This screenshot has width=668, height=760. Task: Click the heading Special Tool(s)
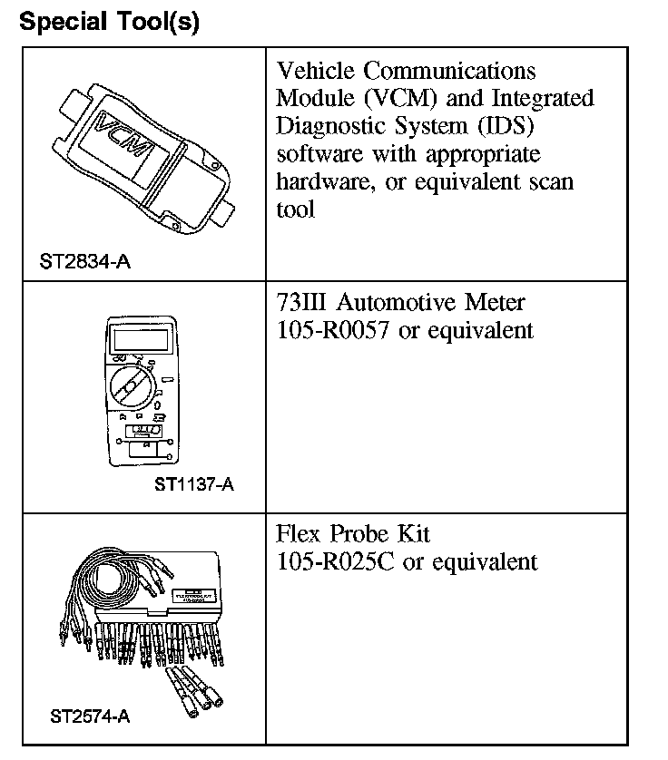109,21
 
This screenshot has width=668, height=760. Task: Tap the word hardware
320,181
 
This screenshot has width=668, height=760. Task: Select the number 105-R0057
333,330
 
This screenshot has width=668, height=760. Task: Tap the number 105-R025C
334,561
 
